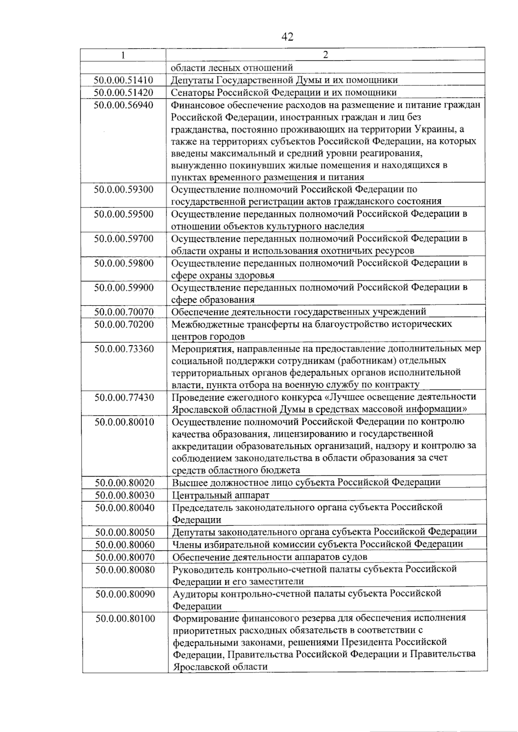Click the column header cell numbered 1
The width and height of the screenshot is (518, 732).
tap(123, 55)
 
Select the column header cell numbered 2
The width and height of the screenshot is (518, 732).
tap(325, 55)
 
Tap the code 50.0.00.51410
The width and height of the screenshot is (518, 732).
tap(123, 80)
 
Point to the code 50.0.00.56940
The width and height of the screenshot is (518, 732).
tap(123, 105)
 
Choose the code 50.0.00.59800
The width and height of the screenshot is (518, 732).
tap(124, 263)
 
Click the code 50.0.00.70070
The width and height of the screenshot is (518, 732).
tap(124, 311)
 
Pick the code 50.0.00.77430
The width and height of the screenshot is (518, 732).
tap(124, 397)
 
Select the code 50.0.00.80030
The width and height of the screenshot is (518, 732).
tap(125, 495)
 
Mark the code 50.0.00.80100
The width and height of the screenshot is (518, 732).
tap(125, 618)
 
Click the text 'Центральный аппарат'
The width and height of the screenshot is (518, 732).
tap(221, 495)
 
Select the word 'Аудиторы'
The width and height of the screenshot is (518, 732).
tap(195, 594)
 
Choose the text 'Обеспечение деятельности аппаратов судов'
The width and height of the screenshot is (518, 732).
tap(270, 557)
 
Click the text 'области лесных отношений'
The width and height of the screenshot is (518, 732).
tap(232, 68)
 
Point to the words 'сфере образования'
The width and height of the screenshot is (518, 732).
tap(213, 300)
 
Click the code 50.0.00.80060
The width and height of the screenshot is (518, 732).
tap(125, 544)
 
